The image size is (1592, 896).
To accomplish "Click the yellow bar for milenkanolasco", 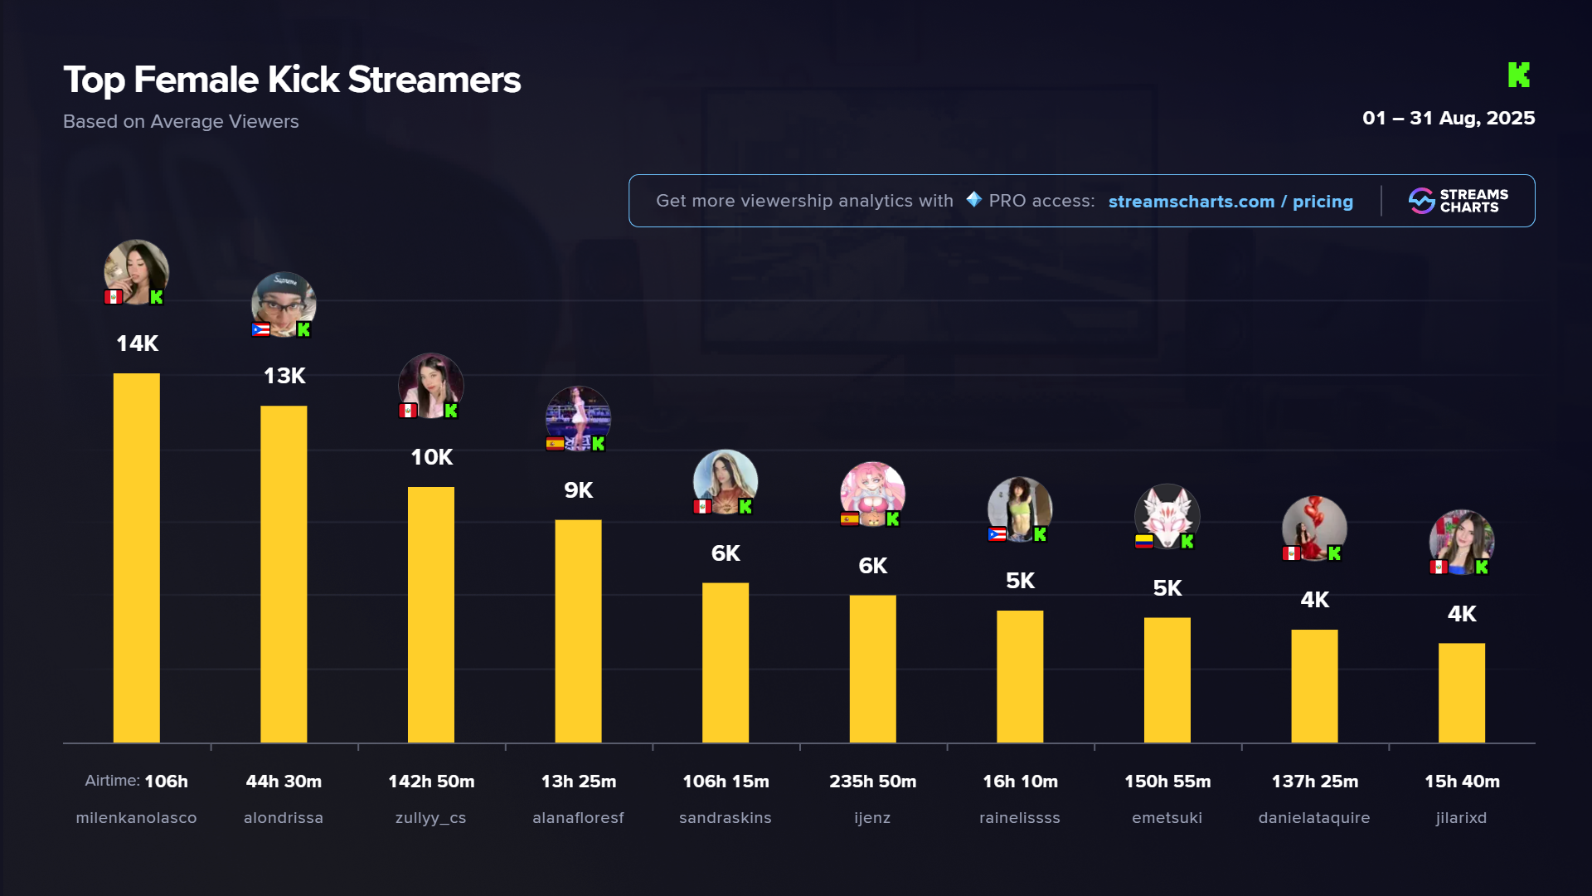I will pyautogui.click(x=136, y=558).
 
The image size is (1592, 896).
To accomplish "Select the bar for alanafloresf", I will pyautogui.click(x=578, y=631).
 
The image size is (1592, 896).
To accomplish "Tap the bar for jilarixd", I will pyautogui.click(x=1461, y=693).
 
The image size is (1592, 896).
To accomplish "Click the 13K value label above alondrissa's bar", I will pyautogui.click(x=284, y=376).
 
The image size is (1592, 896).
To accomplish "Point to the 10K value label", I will pyautogui.click(x=431, y=457).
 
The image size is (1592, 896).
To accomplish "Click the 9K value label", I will pyautogui.click(x=578, y=490).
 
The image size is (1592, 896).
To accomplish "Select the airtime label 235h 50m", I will pyautogui.click(x=872, y=782).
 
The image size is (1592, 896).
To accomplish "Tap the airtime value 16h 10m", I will pyautogui.click(x=1020, y=782).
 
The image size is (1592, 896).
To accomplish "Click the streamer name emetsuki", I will pyautogui.click(x=1167, y=818).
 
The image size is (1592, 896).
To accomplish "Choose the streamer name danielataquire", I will pyautogui.click(x=1314, y=818).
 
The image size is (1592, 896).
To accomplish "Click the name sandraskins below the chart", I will pyautogui.click(x=725, y=818).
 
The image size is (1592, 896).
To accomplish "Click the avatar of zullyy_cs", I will pyautogui.click(x=430, y=385).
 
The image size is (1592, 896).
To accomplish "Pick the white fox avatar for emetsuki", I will pyautogui.click(x=1167, y=515).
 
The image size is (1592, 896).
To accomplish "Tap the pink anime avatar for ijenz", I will pyautogui.click(x=872, y=493).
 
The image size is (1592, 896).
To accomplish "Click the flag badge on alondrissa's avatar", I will pyautogui.click(x=260, y=329).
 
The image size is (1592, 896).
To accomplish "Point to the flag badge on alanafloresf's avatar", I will pyautogui.click(x=555, y=444).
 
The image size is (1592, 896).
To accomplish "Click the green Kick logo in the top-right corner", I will pyautogui.click(x=1518, y=75).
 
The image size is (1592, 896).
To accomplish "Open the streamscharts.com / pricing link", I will pyautogui.click(x=1230, y=202).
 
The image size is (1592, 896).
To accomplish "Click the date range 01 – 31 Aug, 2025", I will pyautogui.click(x=1449, y=118).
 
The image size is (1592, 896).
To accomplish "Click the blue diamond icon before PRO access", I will pyautogui.click(x=973, y=200).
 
